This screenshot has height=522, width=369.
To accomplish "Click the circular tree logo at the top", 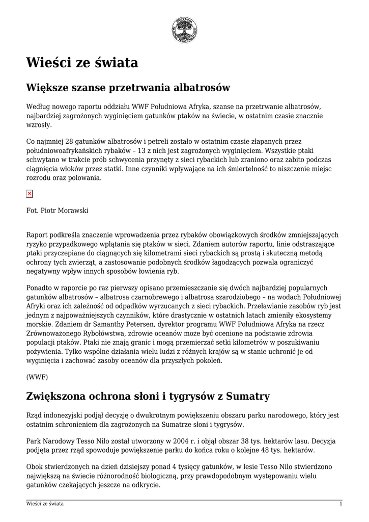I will (x=184, y=30).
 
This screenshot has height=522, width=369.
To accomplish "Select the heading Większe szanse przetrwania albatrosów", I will (x=128, y=88).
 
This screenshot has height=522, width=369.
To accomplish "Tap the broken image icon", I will (x=30, y=194).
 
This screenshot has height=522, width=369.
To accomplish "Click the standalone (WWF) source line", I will (x=37, y=377).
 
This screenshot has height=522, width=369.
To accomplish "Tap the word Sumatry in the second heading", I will (x=240, y=396).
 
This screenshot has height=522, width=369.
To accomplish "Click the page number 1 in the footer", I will (x=340, y=504).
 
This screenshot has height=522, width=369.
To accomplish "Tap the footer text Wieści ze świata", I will (x=45, y=504).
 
